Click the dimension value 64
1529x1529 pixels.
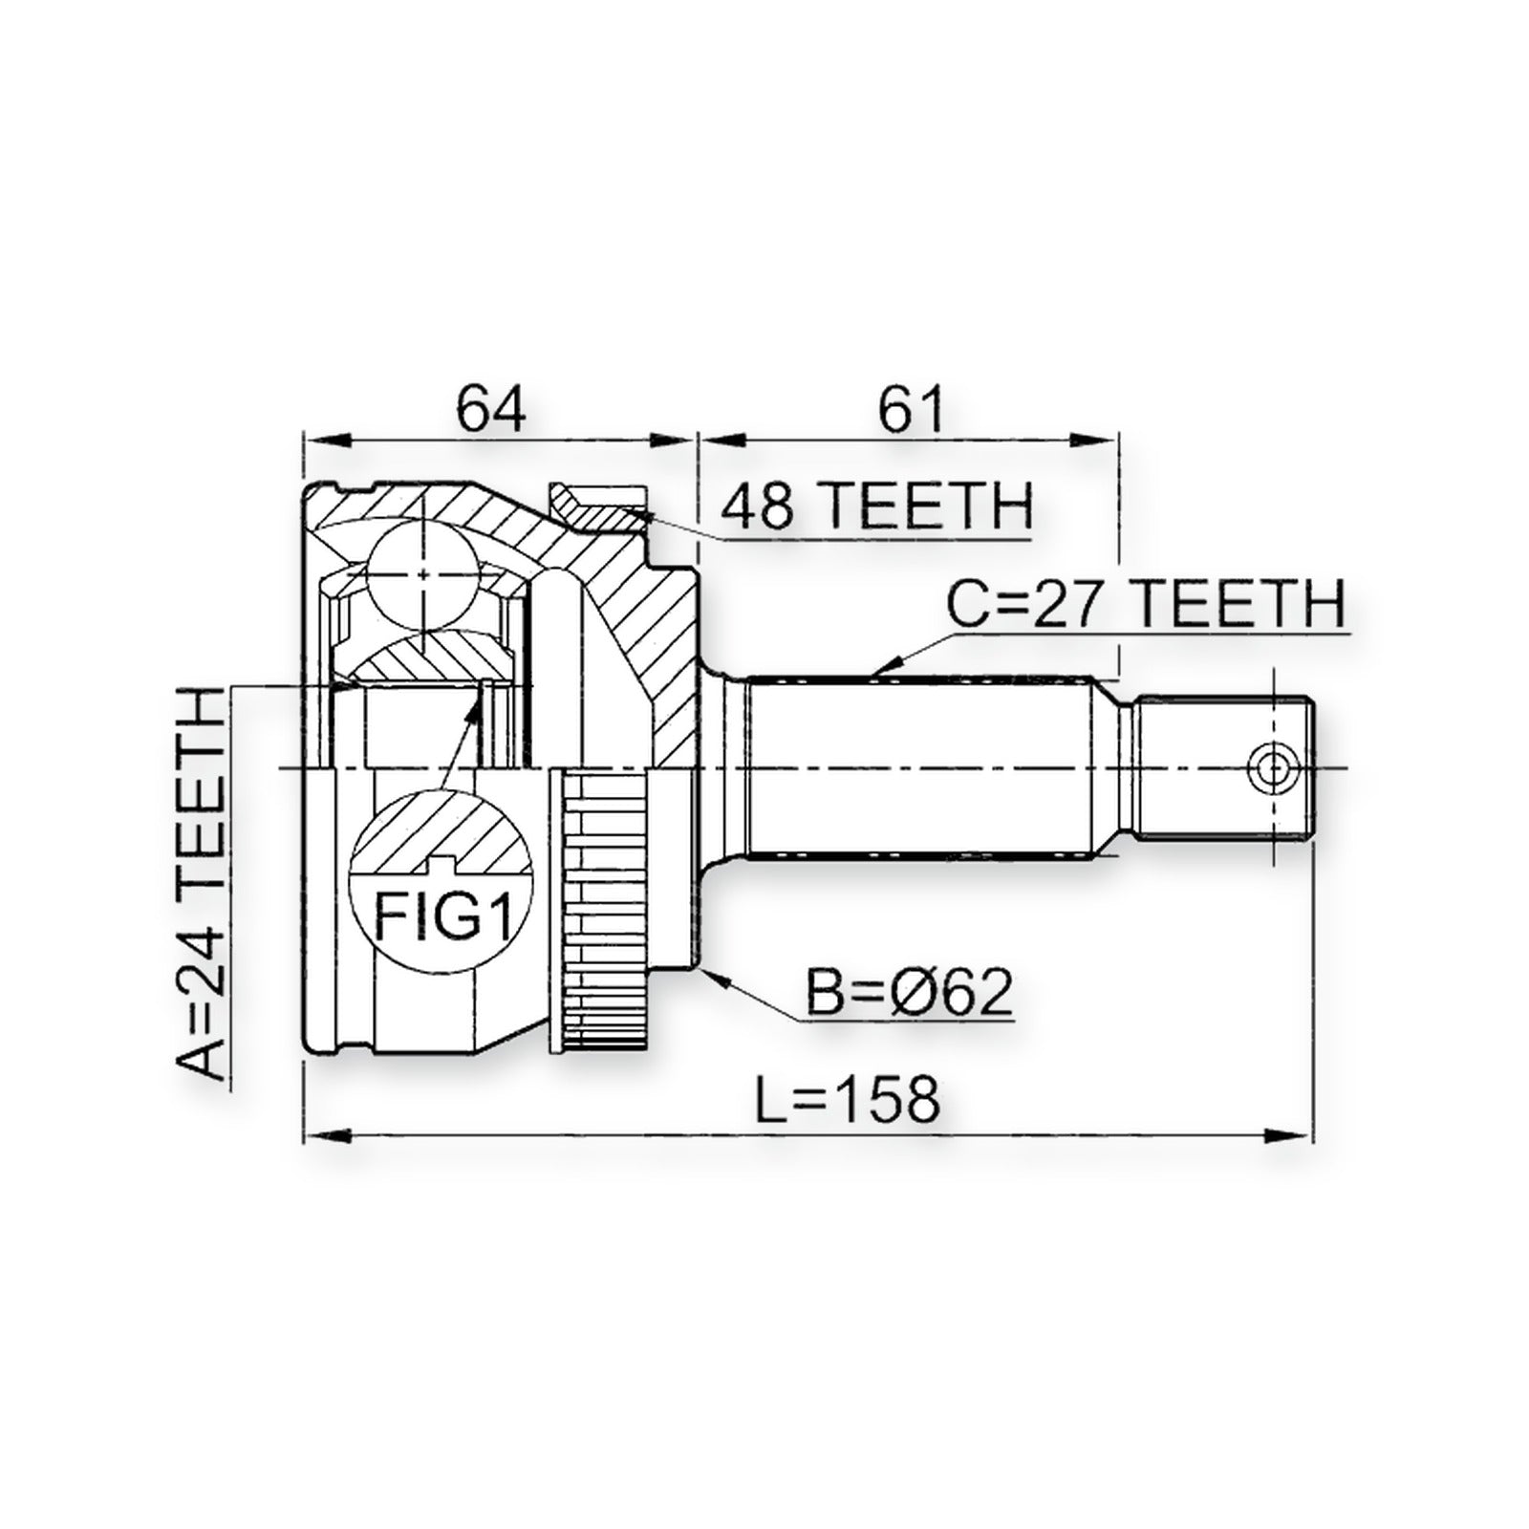tap(491, 409)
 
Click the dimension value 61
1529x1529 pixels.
tap(911, 409)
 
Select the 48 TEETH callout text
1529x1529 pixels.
tap(876, 506)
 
